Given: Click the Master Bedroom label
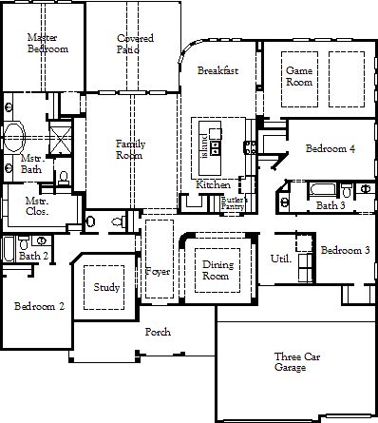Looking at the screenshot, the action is [x=47, y=43].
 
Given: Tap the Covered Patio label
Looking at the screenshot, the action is [x=135, y=44].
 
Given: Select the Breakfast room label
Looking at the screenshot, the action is [x=217, y=70].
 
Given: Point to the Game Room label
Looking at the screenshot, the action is [x=299, y=76].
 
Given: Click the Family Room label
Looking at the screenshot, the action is [x=130, y=149].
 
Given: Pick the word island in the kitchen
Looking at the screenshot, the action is [x=205, y=145].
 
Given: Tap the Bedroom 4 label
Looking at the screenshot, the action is [x=331, y=148].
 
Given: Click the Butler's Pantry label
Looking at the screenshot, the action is [x=234, y=203].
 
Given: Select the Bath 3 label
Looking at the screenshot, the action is [x=331, y=205].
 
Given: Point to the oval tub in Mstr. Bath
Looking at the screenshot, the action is [x=14, y=137].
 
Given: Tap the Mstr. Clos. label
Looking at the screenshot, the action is [x=37, y=206].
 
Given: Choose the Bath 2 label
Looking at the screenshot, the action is [x=33, y=256].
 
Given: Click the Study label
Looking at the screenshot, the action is [x=106, y=288].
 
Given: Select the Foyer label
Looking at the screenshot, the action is [x=158, y=272].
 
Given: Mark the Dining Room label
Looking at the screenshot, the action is [x=217, y=270].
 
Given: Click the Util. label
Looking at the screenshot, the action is [x=281, y=259].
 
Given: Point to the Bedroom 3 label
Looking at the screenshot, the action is [x=346, y=250].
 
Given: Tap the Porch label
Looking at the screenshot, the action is [x=158, y=332].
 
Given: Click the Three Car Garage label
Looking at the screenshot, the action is [x=297, y=362].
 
